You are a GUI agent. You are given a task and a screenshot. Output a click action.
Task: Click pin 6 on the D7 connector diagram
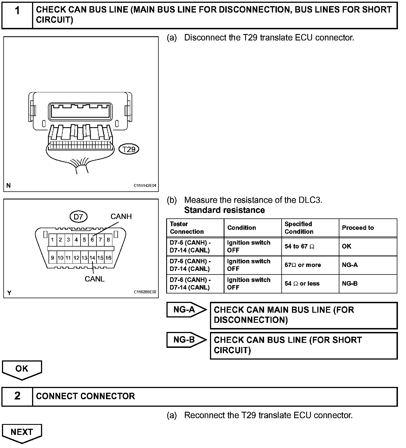point(92,240)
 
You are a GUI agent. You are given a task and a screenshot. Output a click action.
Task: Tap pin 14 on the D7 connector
point(92,258)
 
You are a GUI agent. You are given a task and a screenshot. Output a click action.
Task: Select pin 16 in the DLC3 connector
point(108,258)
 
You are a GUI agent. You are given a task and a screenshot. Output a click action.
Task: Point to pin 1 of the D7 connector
point(52,240)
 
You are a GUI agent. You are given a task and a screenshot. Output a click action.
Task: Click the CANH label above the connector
point(121,216)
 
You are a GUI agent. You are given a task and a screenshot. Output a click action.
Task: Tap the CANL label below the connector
point(95,279)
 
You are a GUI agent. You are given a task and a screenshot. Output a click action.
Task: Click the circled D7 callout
point(78,217)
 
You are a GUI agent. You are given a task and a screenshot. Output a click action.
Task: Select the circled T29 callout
point(129,149)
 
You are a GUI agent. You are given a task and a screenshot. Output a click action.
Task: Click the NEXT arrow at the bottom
point(22,433)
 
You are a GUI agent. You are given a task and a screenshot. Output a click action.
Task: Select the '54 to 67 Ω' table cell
point(299,247)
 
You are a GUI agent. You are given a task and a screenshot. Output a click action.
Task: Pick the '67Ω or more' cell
point(303,265)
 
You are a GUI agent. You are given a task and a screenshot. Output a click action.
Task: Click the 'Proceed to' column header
point(358,228)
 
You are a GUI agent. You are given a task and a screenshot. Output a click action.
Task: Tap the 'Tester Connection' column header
point(187,228)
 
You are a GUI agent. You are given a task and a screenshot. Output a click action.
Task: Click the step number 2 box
point(17,396)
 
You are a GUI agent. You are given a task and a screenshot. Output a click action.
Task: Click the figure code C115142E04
point(145,186)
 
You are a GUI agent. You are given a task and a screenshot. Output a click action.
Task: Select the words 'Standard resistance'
point(224,210)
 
